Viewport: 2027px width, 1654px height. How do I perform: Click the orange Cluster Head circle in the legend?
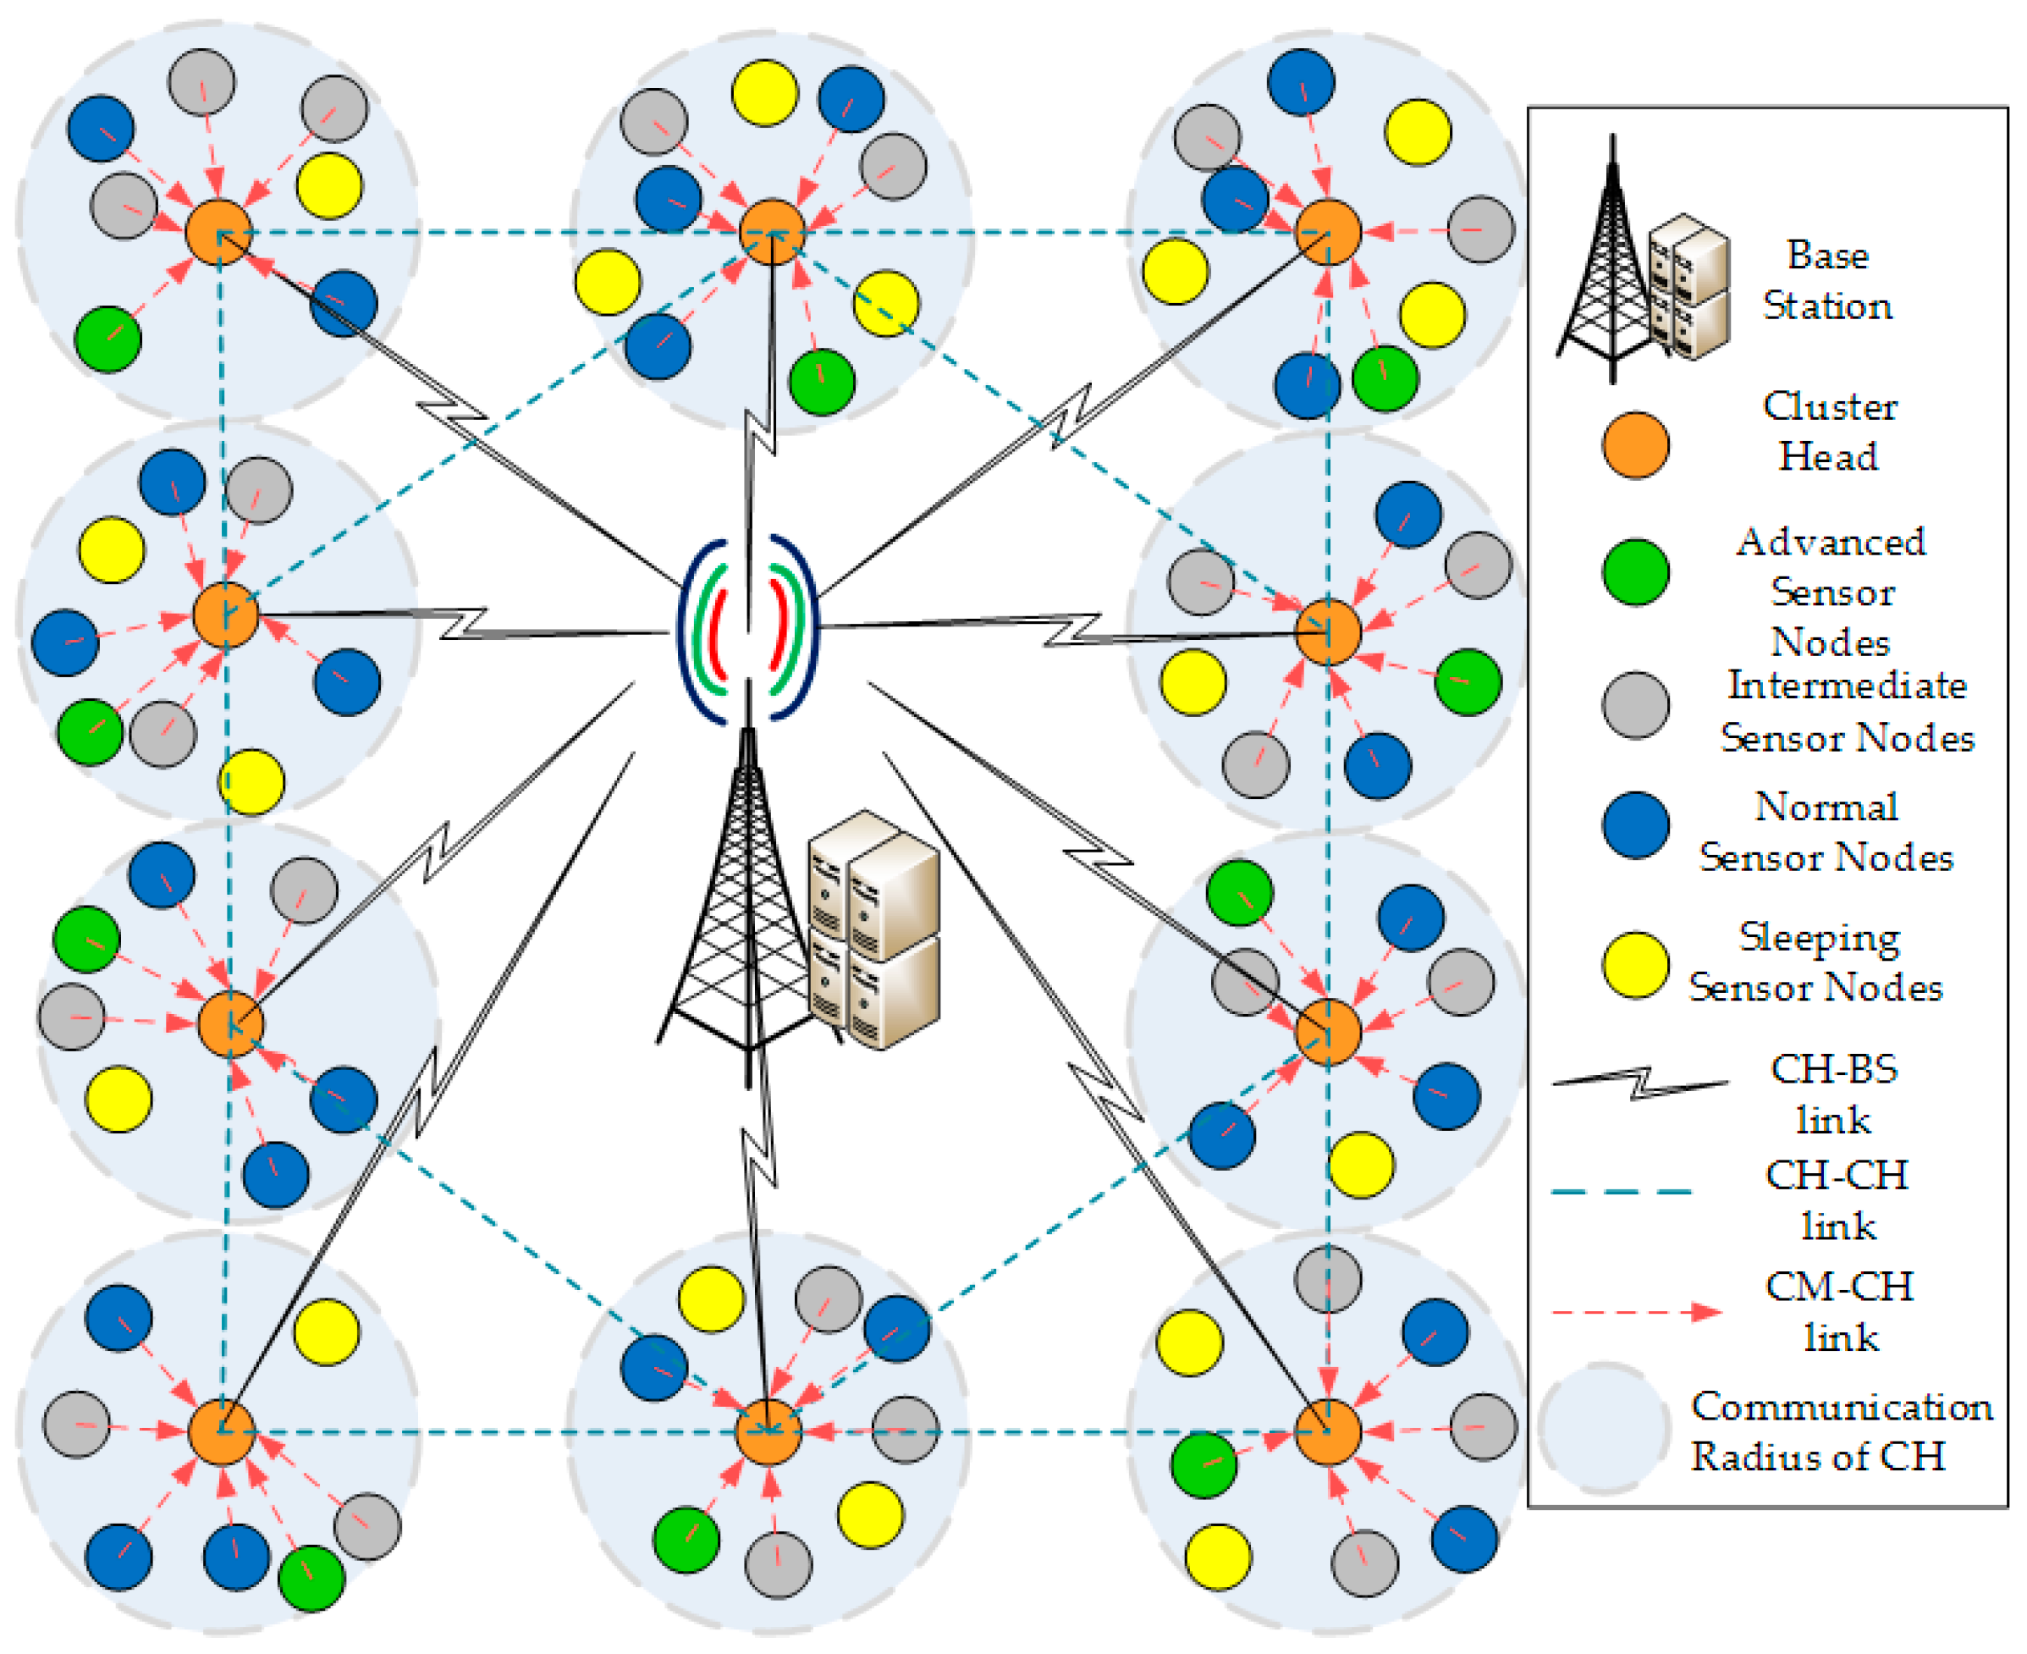click(1635, 445)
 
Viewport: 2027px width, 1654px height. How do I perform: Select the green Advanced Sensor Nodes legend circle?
click(1635, 571)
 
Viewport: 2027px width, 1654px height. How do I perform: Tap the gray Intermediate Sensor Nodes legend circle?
click(1635, 705)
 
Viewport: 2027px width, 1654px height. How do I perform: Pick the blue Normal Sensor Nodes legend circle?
click(1635, 825)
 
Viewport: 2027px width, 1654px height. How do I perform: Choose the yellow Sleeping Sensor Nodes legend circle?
click(1635, 965)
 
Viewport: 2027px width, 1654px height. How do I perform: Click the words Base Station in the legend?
click(1826, 281)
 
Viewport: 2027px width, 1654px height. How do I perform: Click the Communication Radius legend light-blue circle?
click(1604, 1429)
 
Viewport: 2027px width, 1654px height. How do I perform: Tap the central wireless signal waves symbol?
click(747, 629)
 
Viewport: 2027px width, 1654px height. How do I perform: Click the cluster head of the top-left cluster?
click(219, 232)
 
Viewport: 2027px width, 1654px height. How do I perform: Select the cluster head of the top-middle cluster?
click(773, 232)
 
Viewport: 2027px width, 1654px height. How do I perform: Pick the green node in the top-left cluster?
click(107, 339)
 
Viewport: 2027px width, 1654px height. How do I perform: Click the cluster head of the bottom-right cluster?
click(1328, 1431)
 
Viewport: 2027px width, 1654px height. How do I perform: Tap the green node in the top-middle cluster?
click(821, 382)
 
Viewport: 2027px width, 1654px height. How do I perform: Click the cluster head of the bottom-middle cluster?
click(768, 1431)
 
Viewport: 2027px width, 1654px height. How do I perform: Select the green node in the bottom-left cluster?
click(311, 1579)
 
